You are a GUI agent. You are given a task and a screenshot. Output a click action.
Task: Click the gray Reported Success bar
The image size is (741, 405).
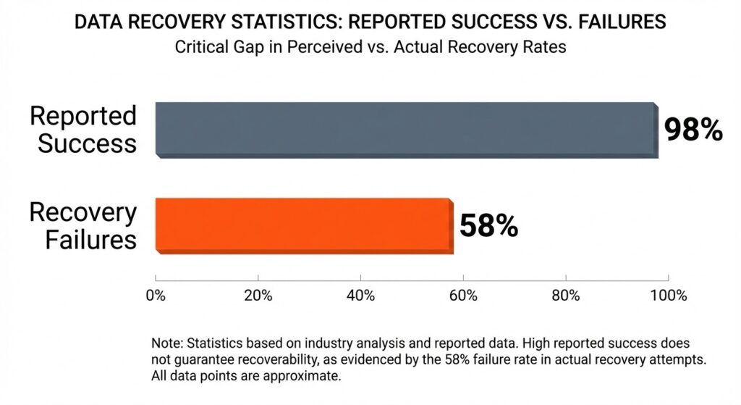(407, 130)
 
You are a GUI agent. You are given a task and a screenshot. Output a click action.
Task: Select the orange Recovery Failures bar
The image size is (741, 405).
(304, 225)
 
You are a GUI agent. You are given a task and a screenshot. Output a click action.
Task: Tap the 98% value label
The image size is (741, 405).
(693, 130)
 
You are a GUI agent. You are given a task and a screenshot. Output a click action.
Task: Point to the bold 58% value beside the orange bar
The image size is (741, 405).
(488, 226)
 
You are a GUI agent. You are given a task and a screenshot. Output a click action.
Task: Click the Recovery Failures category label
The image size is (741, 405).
(82, 225)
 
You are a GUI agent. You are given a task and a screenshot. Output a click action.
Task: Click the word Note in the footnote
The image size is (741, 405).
(166, 343)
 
